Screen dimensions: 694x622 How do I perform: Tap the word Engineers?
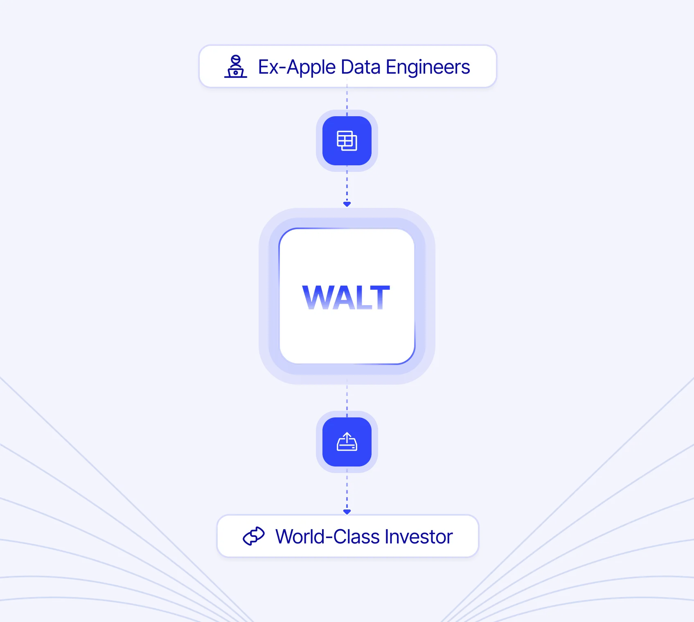tap(428, 67)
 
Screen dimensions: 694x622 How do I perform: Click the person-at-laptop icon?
tap(236, 67)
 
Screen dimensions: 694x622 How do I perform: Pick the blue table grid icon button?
tap(347, 141)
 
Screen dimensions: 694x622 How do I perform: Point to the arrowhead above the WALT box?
tap(347, 204)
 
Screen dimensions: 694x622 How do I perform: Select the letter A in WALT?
tap(339, 297)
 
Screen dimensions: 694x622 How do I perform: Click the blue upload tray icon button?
tap(347, 442)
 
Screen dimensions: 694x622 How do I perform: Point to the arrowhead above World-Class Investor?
tap(347, 512)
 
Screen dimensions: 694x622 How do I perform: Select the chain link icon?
tap(254, 536)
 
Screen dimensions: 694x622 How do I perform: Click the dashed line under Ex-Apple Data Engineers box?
tap(347, 98)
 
